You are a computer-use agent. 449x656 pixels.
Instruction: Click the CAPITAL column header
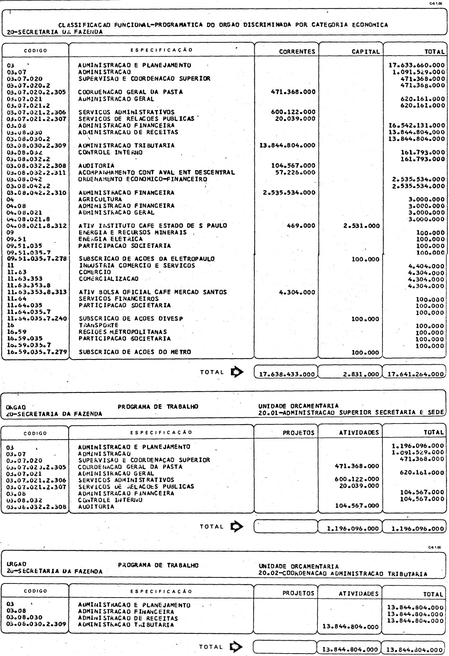(x=366, y=52)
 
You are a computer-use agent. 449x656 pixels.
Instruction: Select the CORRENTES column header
(x=297, y=52)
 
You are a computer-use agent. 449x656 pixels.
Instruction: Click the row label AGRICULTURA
(x=100, y=199)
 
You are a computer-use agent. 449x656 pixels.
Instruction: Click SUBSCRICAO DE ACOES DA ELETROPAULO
(x=146, y=259)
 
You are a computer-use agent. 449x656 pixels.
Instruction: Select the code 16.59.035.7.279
(x=37, y=352)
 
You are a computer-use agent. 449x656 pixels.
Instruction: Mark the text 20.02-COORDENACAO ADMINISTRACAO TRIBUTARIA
(x=343, y=574)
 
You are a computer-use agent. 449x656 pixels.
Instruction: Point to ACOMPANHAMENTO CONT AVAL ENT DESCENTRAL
(x=156, y=172)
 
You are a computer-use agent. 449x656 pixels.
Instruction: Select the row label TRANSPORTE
(x=98, y=325)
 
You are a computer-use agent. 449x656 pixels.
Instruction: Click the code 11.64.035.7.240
(x=37, y=318)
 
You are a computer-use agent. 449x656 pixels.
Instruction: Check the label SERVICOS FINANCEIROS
(x=118, y=299)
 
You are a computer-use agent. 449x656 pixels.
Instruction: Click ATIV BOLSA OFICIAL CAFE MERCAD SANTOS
(x=152, y=292)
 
